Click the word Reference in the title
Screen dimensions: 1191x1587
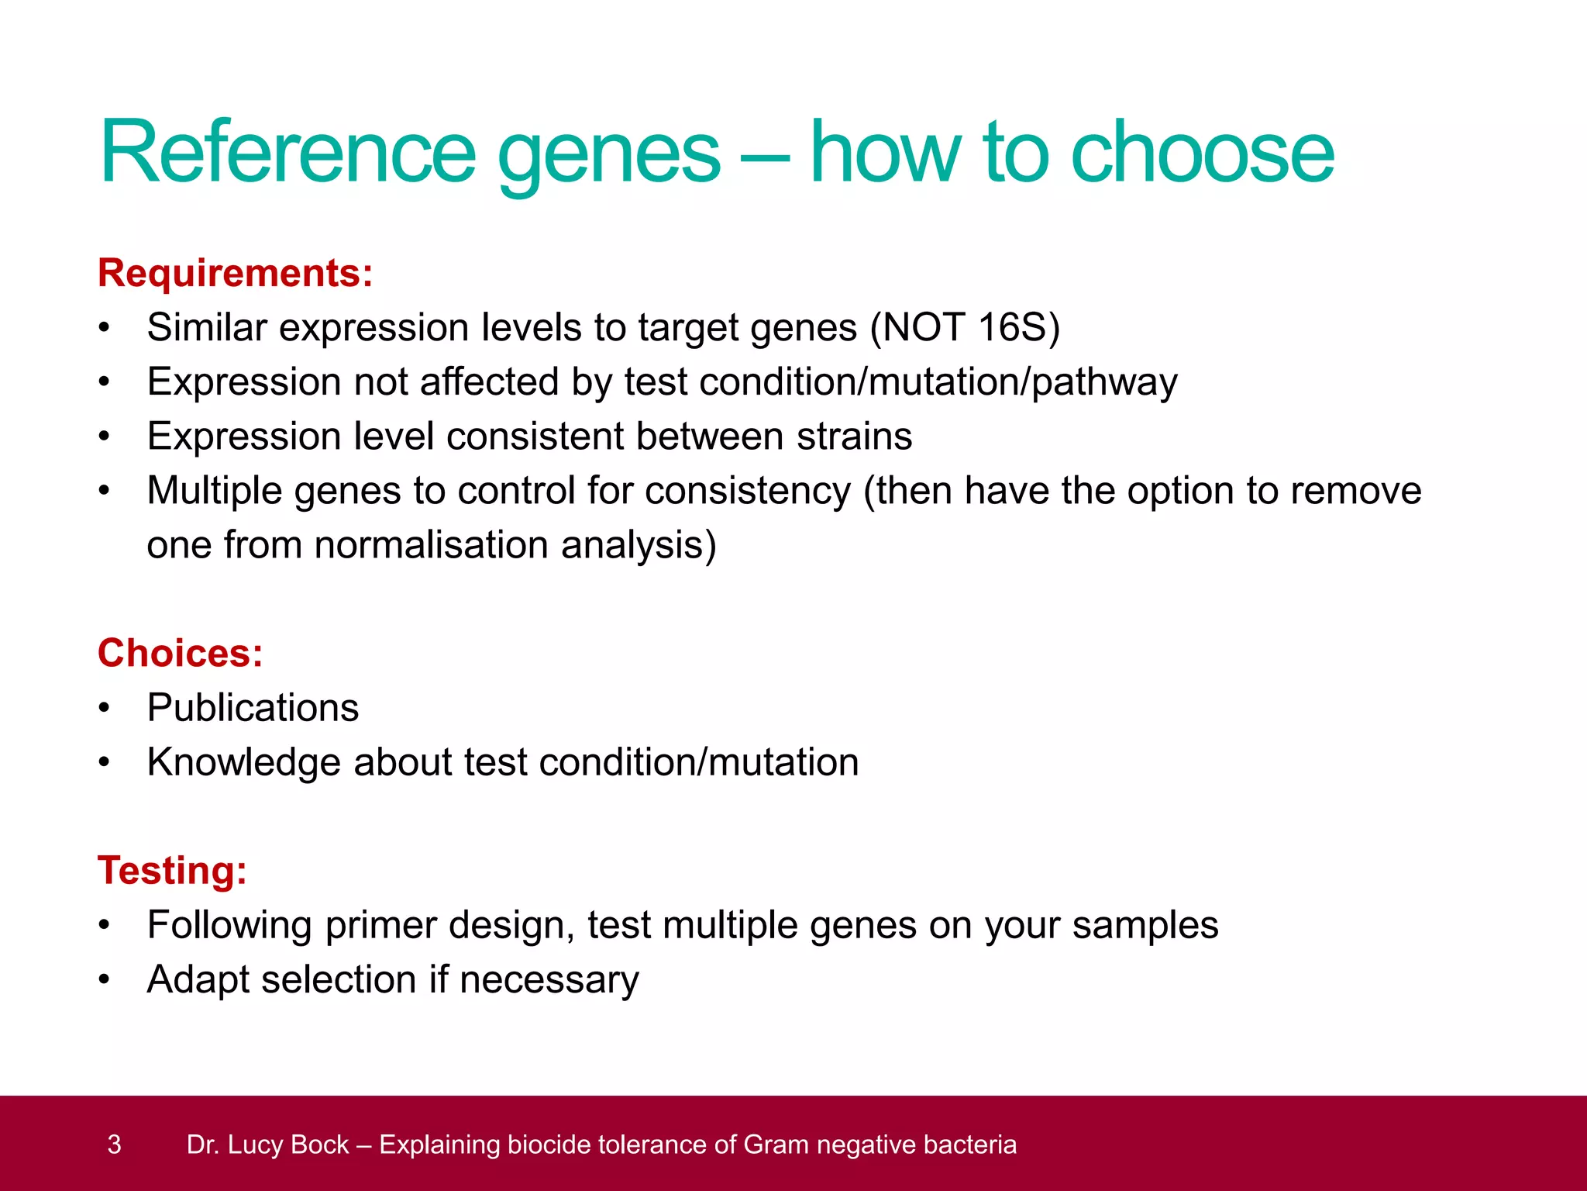[x=287, y=153]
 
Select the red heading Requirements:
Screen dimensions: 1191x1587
[x=236, y=274]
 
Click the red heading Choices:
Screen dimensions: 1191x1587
[x=181, y=654]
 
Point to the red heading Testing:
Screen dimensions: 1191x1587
[x=172, y=871]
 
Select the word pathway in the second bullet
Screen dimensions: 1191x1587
[x=1104, y=383]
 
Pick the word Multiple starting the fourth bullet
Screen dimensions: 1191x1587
[x=215, y=492]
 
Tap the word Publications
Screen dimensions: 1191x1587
[x=253, y=708]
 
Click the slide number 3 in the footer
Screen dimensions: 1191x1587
[x=114, y=1144]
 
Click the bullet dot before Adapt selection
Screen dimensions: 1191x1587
[x=105, y=980]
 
